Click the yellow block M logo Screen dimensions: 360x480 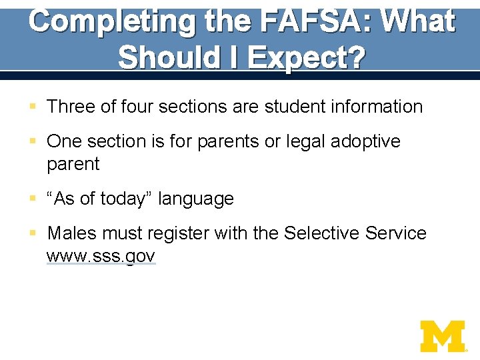click(x=443, y=336)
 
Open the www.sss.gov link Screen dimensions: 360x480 click(x=101, y=256)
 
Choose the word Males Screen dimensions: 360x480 click(x=73, y=233)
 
